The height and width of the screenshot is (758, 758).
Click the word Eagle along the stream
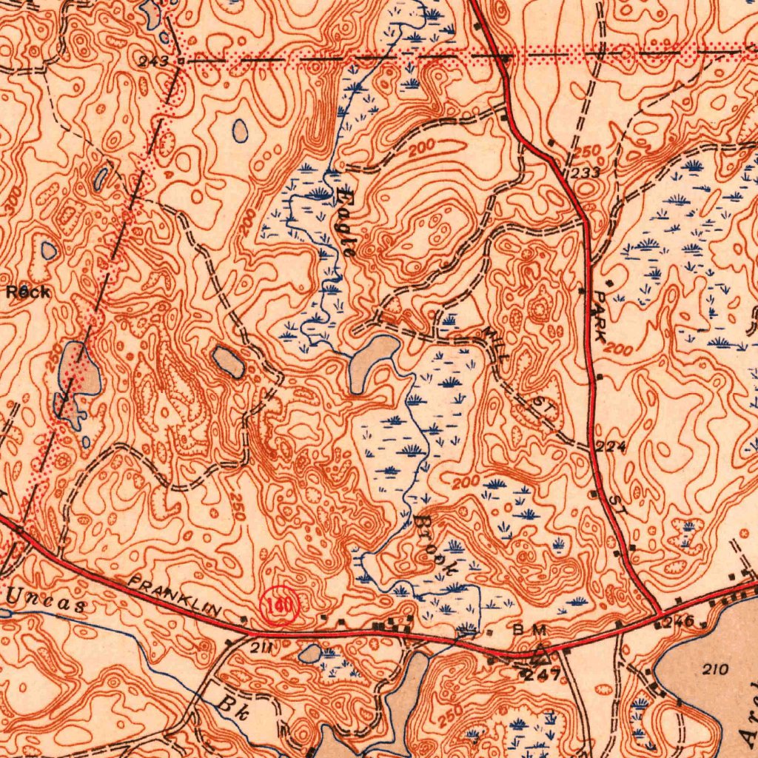tap(345, 223)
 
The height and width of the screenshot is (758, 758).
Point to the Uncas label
tap(46, 599)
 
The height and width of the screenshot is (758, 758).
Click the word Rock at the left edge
tap(28, 292)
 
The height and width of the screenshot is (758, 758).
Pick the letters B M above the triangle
tap(529, 630)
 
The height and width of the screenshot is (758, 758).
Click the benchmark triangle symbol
tap(538, 654)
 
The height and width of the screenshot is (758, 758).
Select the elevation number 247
tap(543, 674)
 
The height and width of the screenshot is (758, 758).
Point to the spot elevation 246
tap(679, 622)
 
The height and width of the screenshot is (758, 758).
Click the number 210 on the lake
tap(715, 670)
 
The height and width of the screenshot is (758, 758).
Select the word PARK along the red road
tap(601, 315)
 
